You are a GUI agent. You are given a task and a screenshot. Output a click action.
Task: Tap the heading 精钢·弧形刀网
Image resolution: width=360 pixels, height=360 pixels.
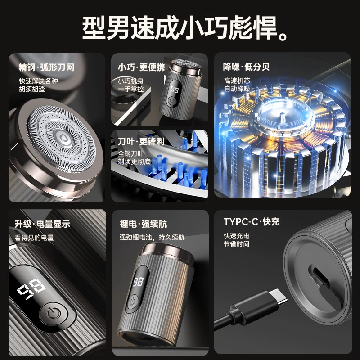[47, 67]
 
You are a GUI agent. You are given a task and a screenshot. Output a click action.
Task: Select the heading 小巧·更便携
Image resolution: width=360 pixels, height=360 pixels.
[141, 67]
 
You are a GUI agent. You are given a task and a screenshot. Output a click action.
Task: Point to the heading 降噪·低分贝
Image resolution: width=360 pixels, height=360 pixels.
[246, 67]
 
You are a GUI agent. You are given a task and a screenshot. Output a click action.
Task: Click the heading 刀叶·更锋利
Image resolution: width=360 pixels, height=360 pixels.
[141, 141]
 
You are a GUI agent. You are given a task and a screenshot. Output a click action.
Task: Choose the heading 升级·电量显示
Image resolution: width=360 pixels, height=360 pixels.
[42, 224]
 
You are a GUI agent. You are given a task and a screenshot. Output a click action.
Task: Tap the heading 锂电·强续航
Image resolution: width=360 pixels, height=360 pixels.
[143, 224]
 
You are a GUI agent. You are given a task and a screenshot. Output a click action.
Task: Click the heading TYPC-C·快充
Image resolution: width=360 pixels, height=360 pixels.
[252, 222]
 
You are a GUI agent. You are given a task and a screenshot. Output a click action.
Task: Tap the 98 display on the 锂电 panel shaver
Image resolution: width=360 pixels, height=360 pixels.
[138, 282]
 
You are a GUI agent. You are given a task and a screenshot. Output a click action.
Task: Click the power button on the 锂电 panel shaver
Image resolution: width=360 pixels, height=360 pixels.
[132, 301]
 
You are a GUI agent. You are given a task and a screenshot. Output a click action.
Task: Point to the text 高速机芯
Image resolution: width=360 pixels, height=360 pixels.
[237, 81]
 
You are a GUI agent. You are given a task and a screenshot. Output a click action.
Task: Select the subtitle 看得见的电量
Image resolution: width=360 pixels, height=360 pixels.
[34, 238]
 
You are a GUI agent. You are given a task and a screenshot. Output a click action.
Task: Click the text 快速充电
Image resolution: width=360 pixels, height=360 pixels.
[237, 236]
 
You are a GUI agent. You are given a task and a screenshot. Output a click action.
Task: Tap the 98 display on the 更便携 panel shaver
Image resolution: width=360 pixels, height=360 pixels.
[175, 90]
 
